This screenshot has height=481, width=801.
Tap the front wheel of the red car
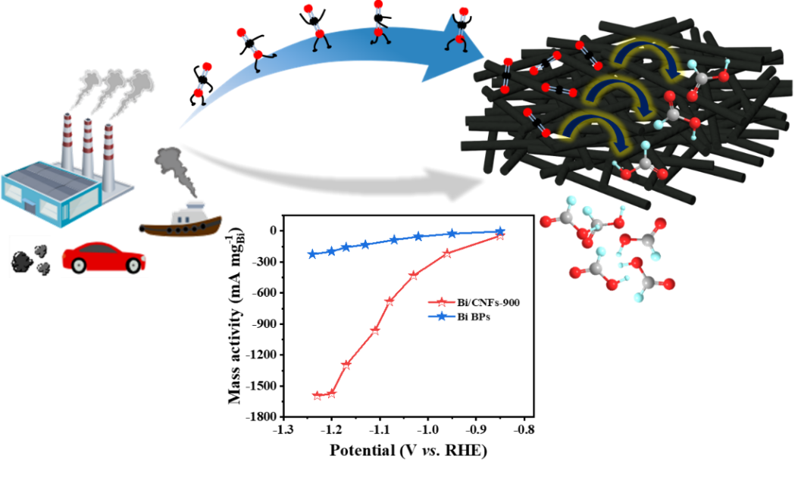tap(135, 266)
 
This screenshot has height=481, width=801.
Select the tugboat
tap(181, 221)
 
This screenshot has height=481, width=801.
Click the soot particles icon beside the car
tap(30, 258)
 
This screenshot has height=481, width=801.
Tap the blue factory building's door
tap(30, 205)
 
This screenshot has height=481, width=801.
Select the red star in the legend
tap(441, 302)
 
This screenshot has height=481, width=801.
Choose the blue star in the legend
tap(441, 316)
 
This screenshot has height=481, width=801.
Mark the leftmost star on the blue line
tap(311, 254)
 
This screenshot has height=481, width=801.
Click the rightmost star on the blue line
tap(499, 230)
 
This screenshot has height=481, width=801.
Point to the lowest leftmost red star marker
tap(318, 395)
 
